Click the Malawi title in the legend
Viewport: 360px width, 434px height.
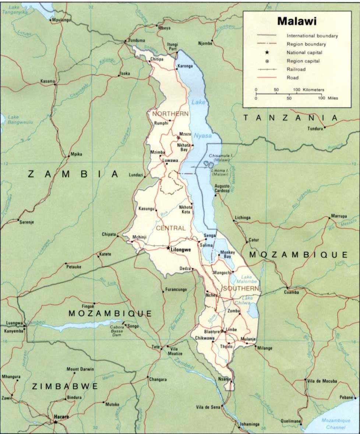[297, 21]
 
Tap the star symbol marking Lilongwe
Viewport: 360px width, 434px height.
[169, 249]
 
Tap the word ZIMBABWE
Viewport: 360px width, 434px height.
[65, 386]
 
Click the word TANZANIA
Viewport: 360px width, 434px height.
[290, 118]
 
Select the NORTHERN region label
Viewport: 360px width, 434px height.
[170, 114]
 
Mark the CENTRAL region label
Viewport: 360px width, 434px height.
[170, 228]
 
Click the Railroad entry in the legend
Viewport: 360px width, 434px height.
[296, 69]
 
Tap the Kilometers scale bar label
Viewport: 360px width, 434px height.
[314, 90]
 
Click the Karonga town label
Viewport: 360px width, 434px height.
[185, 66]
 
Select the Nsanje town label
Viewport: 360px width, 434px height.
[224, 379]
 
